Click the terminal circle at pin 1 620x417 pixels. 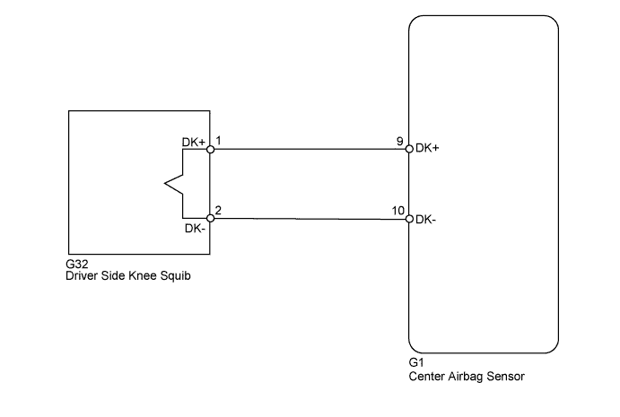[210, 150]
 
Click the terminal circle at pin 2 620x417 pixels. [210, 218]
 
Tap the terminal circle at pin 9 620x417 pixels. [409, 149]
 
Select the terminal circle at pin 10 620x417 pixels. [409, 219]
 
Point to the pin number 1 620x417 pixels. [218, 140]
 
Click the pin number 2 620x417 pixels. [218, 210]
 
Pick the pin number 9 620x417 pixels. [400, 141]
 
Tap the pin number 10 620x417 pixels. [398, 211]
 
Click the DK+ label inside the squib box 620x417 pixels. [193, 143]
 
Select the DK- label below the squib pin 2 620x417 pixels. [195, 229]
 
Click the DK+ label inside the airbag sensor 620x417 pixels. [427, 148]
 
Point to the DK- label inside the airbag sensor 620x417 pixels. [426, 220]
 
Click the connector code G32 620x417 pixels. [77, 264]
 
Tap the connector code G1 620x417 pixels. [416, 362]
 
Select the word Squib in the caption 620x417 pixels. [176, 276]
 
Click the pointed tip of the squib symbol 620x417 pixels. [165, 184]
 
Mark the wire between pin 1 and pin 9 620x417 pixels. [310, 149]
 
